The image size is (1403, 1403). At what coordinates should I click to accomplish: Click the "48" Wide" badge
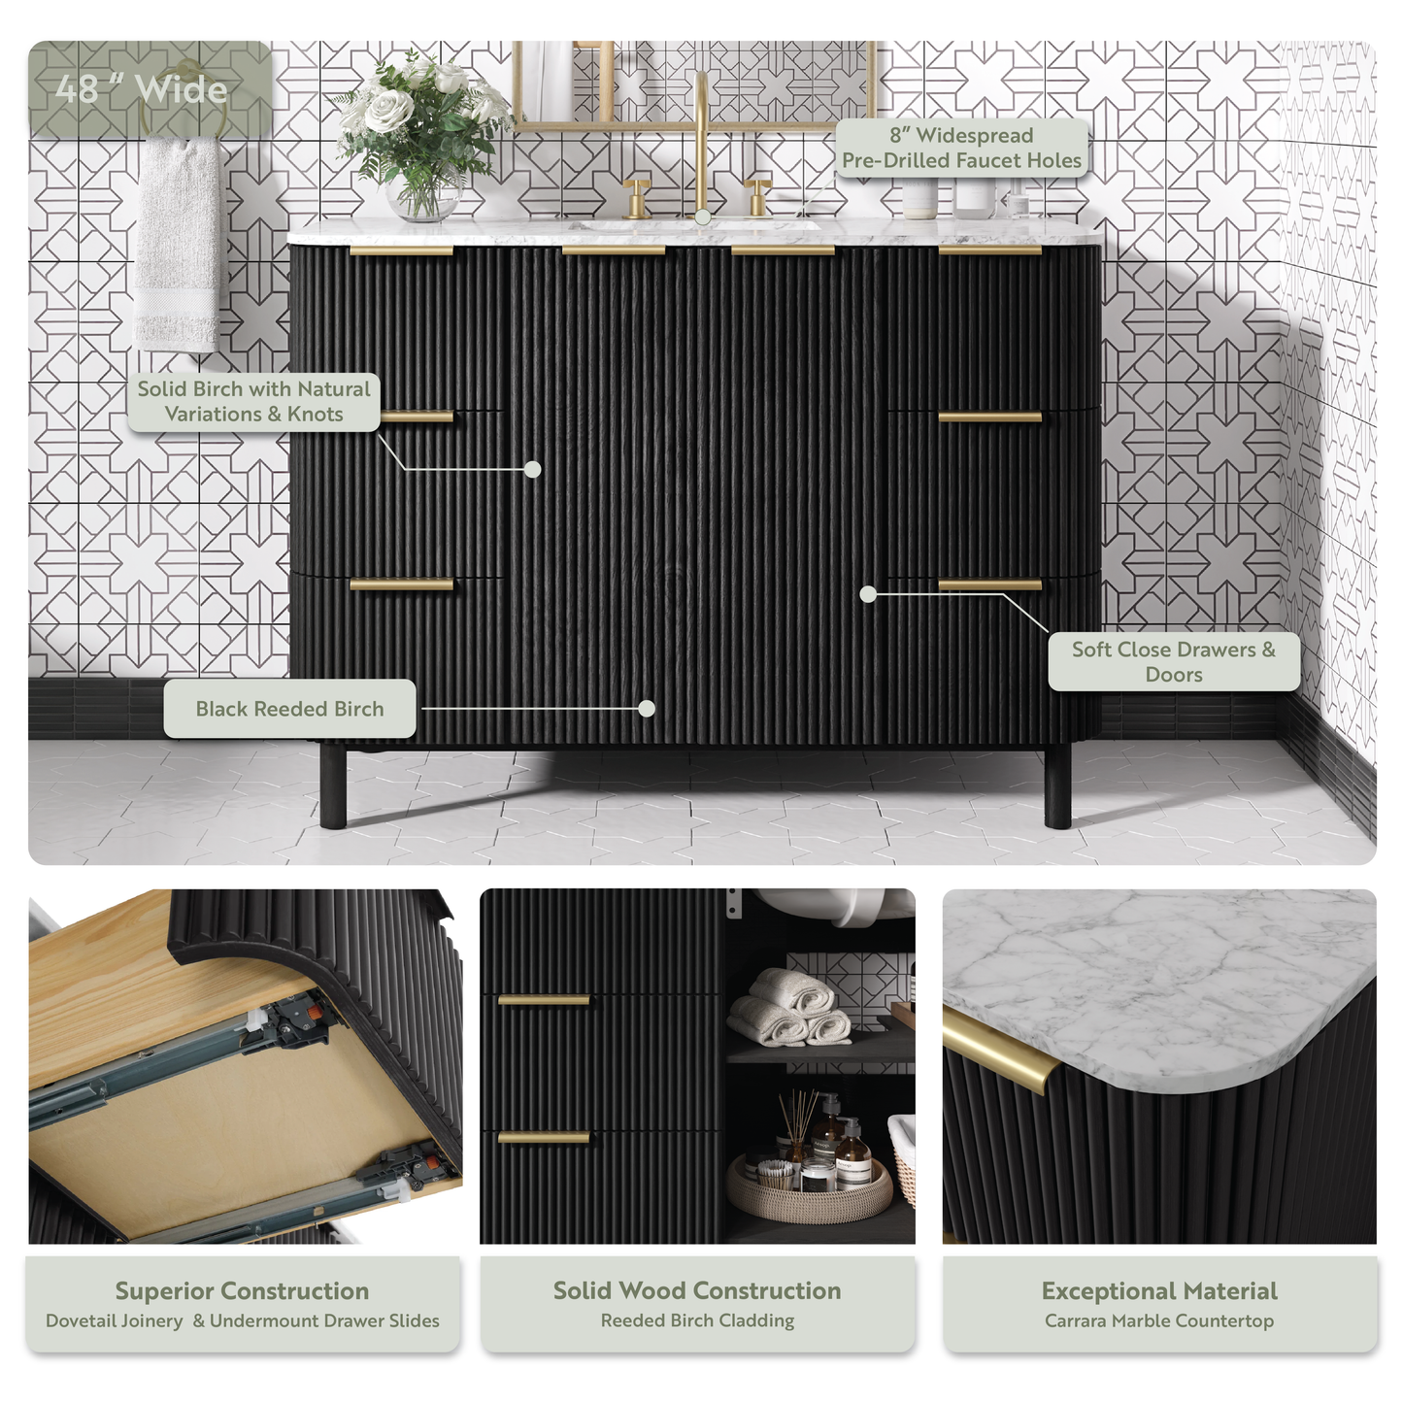[142, 88]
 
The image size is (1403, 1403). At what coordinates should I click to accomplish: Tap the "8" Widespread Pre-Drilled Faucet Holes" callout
[961, 148]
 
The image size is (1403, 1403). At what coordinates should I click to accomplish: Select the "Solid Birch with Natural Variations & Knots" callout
[254, 402]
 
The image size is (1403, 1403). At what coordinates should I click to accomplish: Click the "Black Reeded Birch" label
[289, 709]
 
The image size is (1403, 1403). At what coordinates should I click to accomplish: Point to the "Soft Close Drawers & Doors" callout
[1174, 661]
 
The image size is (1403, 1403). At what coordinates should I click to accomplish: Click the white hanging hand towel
[177, 244]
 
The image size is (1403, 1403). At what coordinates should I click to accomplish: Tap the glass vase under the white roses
[424, 192]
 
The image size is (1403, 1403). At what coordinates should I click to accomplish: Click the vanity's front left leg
[333, 787]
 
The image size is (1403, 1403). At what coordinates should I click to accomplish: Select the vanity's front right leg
[1057, 787]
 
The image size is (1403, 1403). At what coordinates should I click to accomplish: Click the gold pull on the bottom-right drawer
[990, 585]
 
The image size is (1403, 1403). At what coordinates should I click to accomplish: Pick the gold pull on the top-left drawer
[401, 251]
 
